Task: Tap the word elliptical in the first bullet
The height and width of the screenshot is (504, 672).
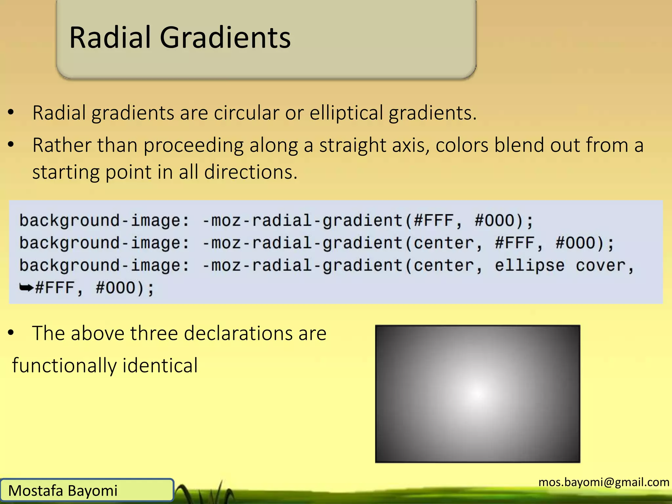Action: (346, 113)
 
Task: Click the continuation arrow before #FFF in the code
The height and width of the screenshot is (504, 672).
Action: (26, 288)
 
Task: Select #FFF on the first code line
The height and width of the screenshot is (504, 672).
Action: (434, 220)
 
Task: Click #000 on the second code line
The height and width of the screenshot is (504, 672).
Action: (576, 243)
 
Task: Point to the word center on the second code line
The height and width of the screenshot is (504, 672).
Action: (444, 243)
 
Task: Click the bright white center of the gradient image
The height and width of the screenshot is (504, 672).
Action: (478, 393)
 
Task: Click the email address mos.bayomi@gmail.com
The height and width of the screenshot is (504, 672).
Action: (604, 482)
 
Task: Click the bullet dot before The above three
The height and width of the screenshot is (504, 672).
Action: (11, 333)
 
